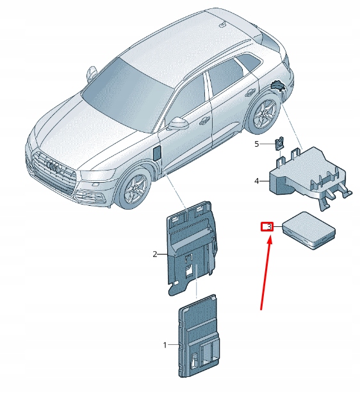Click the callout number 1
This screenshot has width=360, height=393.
pos(165,345)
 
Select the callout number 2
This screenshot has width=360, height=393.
pos(155,255)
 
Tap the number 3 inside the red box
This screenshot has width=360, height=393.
pos(269,227)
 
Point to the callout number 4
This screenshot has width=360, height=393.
pos(257,181)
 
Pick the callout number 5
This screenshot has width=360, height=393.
pos(257,144)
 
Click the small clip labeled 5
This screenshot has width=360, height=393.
pos(279,144)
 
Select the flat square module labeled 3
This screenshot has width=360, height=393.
pos(308,230)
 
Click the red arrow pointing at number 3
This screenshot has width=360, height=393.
pos(265,274)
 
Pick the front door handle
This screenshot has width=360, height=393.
pos(205,121)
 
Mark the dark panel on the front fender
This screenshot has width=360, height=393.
pos(157,153)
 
